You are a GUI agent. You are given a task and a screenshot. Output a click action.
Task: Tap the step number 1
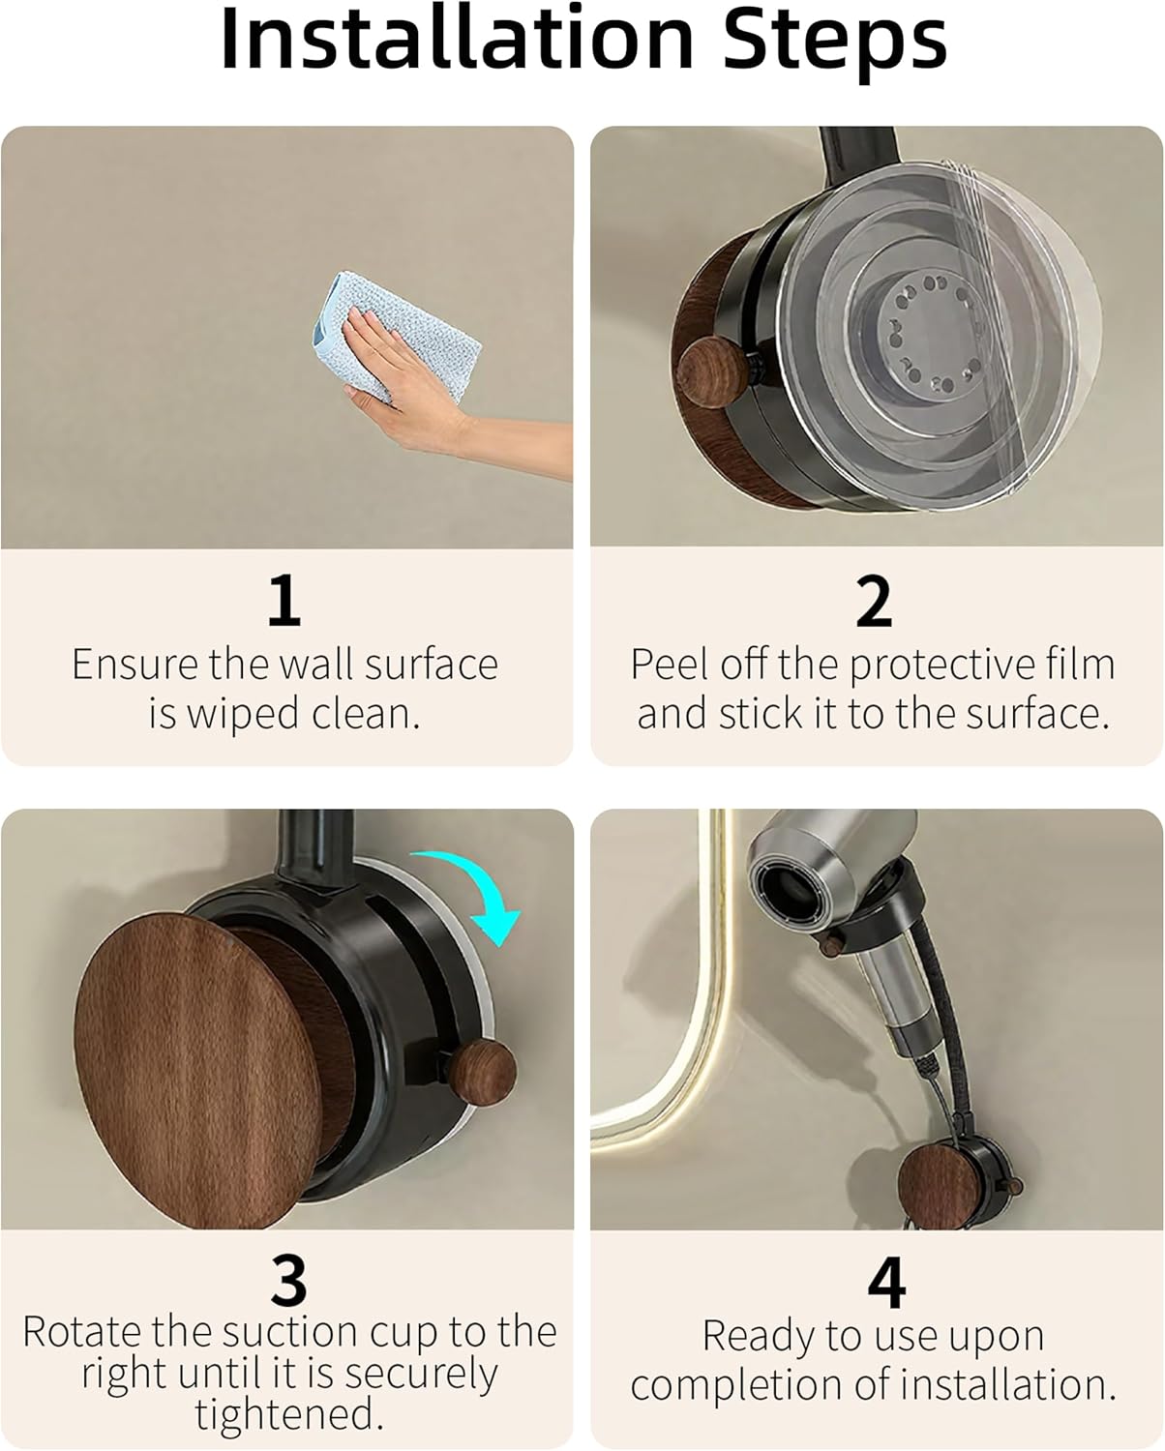(x=284, y=600)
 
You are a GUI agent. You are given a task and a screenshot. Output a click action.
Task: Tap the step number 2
(x=873, y=602)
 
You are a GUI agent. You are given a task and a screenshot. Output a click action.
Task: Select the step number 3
(x=287, y=1281)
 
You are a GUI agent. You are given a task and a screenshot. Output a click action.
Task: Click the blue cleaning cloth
(x=416, y=329)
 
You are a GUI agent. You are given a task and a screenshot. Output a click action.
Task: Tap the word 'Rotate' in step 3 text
(x=81, y=1332)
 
